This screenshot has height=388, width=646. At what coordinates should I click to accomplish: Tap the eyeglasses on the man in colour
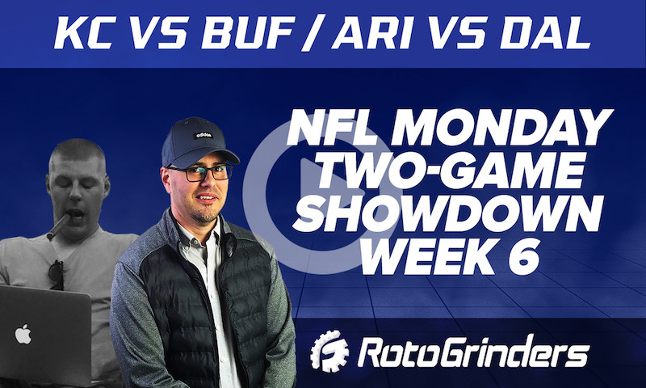point(198,172)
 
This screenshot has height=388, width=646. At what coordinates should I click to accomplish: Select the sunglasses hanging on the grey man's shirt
point(57,275)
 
